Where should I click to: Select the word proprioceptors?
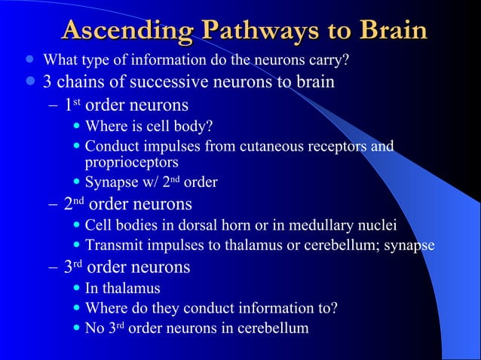(131, 162)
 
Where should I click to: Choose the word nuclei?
(376, 225)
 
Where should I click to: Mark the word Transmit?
(114, 245)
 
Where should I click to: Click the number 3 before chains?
(47, 81)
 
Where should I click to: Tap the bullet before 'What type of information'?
(29, 59)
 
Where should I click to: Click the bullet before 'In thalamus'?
(77, 288)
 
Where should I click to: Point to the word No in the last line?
(95, 328)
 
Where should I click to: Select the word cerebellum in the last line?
(274, 328)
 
